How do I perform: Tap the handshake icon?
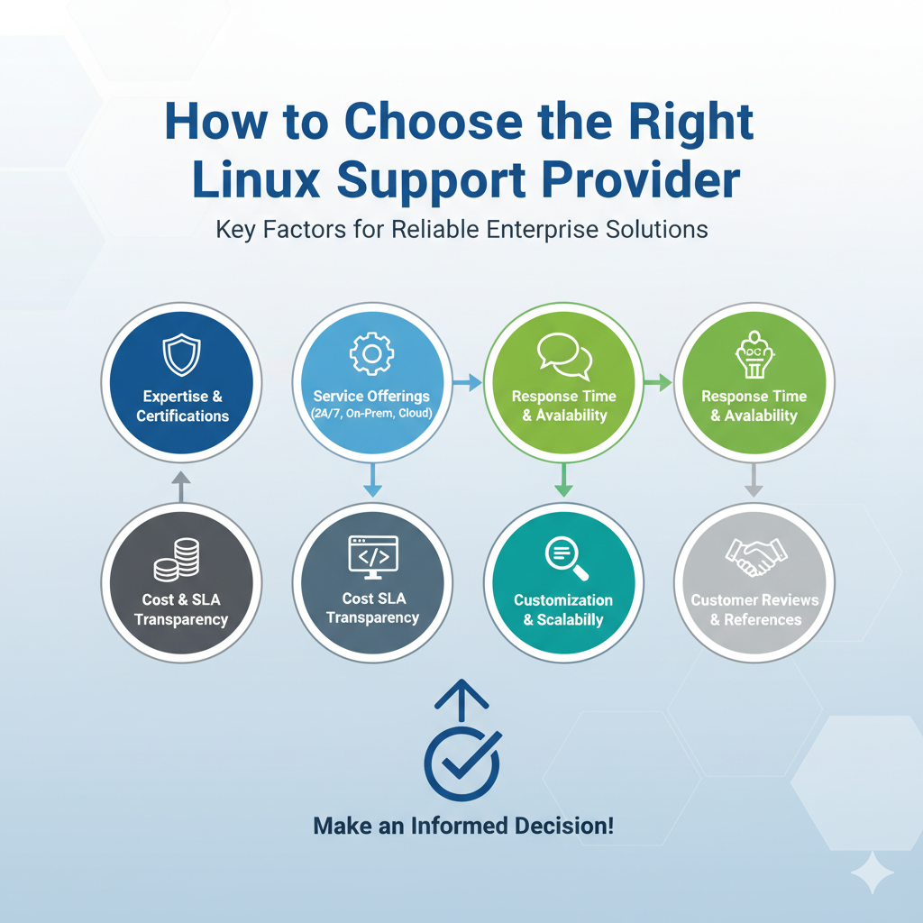coord(755,557)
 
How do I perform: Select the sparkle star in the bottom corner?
coord(873,872)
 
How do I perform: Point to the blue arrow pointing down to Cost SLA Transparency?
coord(372,480)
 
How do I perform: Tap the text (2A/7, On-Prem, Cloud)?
coord(371,414)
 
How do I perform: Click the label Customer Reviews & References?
coord(754,610)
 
